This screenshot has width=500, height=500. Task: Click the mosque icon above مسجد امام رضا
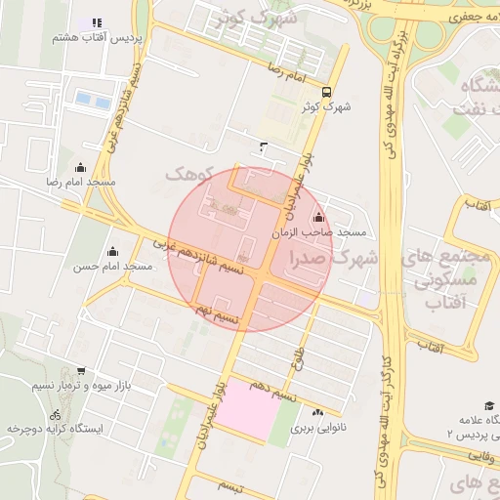click(80, 167)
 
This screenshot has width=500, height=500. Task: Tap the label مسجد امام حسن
click(113, 266)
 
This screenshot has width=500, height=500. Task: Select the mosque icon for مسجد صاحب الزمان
click(317, 217)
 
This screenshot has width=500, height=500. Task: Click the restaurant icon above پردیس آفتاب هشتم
click(96, 22)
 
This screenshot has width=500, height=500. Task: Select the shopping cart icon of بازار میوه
click(80, 371)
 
